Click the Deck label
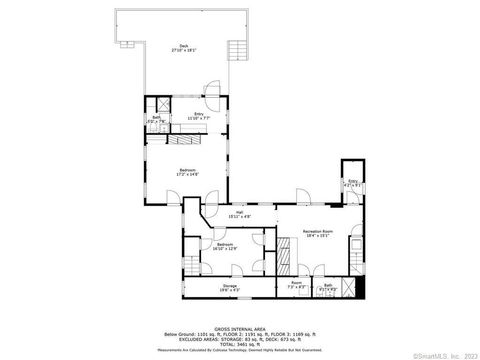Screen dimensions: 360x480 point(183,47)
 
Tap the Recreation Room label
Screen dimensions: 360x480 point(318,232)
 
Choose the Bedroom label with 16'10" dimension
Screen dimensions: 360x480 point(225,245)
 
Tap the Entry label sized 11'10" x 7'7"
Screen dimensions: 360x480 point(198,115)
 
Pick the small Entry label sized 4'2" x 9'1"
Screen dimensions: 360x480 point(352,183)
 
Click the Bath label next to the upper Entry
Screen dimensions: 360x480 point(157,119)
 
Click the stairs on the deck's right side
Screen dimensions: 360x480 point(237,51)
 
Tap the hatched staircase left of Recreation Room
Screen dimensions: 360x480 point(285,255)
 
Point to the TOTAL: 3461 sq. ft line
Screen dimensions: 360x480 point(240,343)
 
